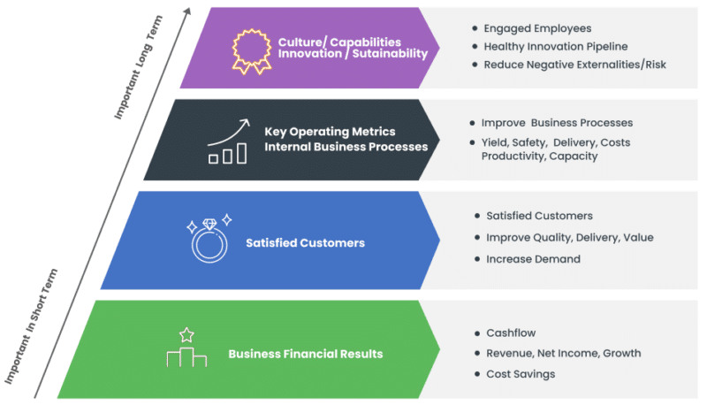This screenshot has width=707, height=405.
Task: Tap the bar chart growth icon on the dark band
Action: point(227,141)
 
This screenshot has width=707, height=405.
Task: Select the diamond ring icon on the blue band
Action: point(209,236)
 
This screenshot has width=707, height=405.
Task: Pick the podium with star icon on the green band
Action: point(186,348)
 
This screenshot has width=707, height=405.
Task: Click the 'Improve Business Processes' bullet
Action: point(557,123)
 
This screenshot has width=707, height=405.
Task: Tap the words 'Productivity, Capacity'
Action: point(539,157)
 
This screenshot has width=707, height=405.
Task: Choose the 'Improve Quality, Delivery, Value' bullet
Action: point(570,237)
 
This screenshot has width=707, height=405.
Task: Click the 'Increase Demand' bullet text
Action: point(533,259)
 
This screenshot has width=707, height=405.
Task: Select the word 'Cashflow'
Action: point(512,333)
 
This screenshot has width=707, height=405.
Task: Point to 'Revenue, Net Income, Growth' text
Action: point(563,353)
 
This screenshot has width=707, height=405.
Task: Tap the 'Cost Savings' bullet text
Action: point(521,374)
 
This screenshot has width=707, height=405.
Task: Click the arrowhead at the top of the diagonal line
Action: point(187,10)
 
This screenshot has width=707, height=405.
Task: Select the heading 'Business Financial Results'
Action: point(305,354)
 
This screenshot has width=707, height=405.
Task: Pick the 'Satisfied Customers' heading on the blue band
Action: point(305,242)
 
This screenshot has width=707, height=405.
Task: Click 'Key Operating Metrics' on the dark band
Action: point(330,132)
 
